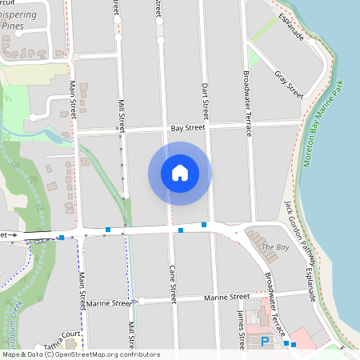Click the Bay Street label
coord(188,128)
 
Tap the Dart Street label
coord(205,97)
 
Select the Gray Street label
coord(289,83)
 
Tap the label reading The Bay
coord(275,248)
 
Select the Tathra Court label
coord(63,335)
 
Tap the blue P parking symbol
coord(266,342)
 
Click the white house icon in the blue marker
coord(180,173)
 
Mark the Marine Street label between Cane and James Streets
coord(226,297)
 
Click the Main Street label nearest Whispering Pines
coord(72,98)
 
